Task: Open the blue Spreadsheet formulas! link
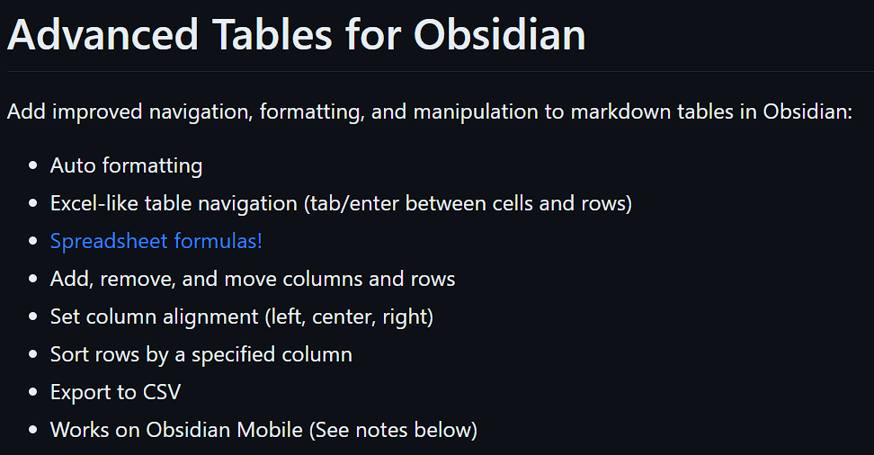coord(156,241)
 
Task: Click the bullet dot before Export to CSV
coord(33,393)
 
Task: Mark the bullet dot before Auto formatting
coord(33,166)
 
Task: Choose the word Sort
coord(68,354)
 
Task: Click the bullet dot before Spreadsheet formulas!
coord(33,242)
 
